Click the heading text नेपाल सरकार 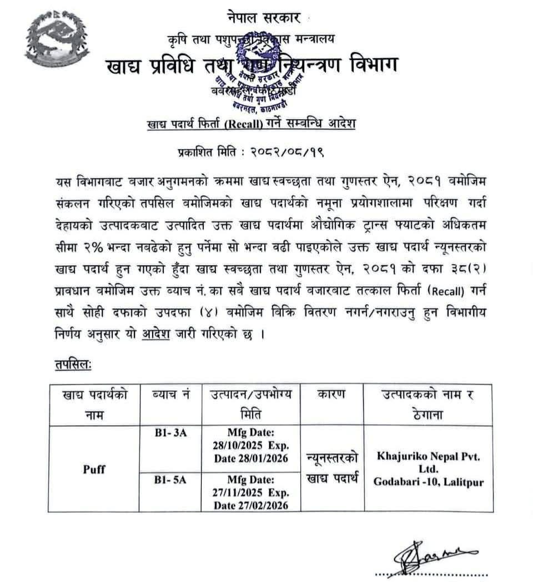[x=264, y=18]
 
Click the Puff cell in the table [x=94, y=469]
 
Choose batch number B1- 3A [x=171, y=433]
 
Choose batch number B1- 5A [x=171, y=480]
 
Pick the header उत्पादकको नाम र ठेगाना [x=428, y=404]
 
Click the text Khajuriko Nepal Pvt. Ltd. [x=428, y=463]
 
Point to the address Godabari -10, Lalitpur [x=428, y=482]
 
